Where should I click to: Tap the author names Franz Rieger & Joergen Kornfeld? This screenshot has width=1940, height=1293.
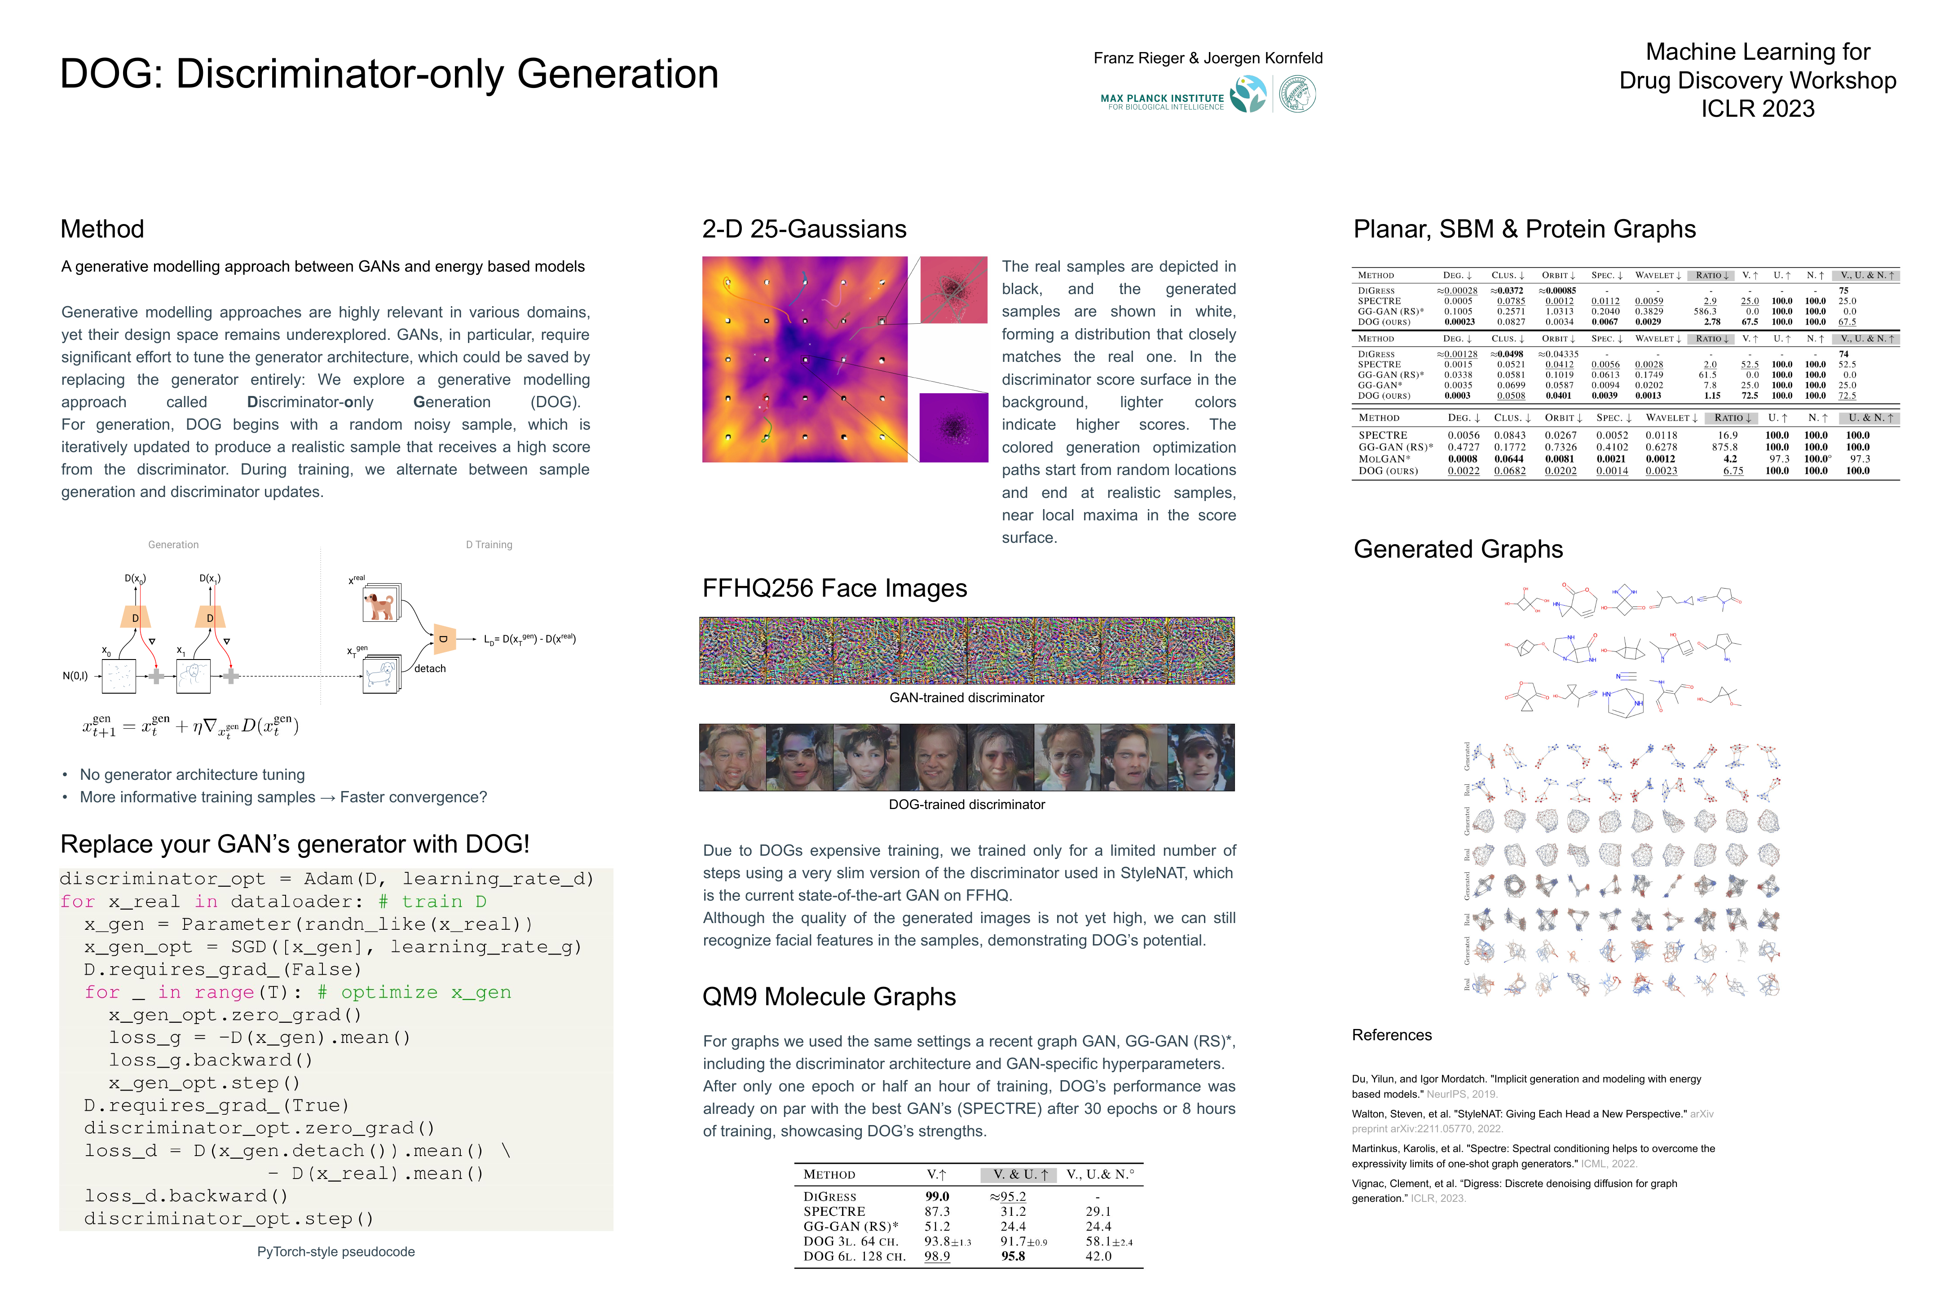tap(1208, 58)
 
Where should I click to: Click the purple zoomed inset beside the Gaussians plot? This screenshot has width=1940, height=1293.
tap(953, 427)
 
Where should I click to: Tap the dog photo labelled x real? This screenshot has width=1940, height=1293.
tap(380, 604)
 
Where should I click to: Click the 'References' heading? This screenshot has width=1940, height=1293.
tap(1392, 1035)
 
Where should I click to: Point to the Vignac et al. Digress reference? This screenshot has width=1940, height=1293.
tap(1513, 1191)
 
